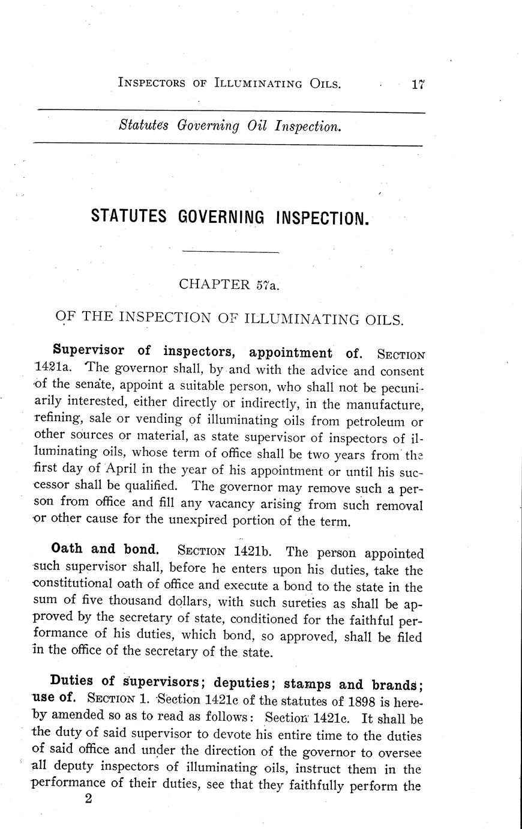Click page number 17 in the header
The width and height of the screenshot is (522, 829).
click(418, 85)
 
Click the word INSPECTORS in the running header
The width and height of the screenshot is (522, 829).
click(152, 83)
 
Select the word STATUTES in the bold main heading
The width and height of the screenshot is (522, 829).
click(128, 217)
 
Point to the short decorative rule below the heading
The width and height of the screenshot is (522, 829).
click(230, 252)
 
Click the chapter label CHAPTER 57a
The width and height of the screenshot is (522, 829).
click(229, 284)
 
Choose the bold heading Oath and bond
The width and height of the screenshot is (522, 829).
click(106, 548)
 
